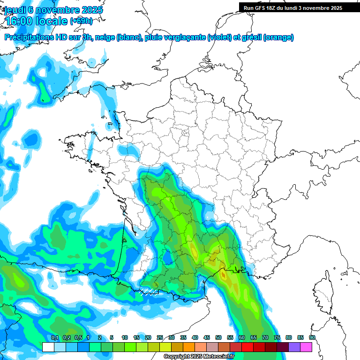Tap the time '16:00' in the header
pos(19,21)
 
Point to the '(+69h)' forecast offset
pos(81,21)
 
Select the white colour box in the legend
pos(48,347)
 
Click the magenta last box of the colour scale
pos(306,347)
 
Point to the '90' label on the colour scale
pos(312,337)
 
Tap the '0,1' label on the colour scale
pos(54,337)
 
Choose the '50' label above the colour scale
pos(218,337)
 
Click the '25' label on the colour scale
pos(160,337)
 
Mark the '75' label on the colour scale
pos(277,337)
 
